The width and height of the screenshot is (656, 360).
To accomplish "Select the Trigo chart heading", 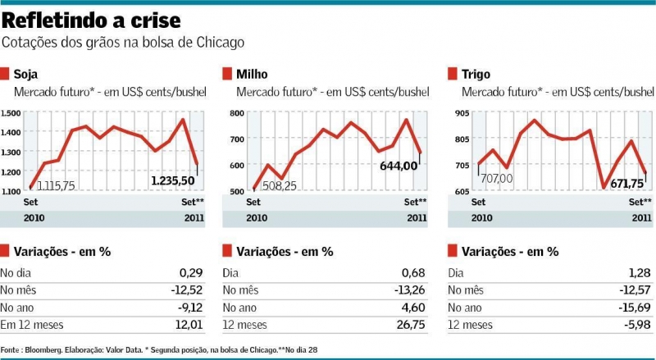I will click(475, 74).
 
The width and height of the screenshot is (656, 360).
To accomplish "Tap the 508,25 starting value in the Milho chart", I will click(282, 186).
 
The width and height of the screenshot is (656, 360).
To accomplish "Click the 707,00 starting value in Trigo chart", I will click(497, 177).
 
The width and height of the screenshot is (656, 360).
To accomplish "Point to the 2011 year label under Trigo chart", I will click(641, 217).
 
